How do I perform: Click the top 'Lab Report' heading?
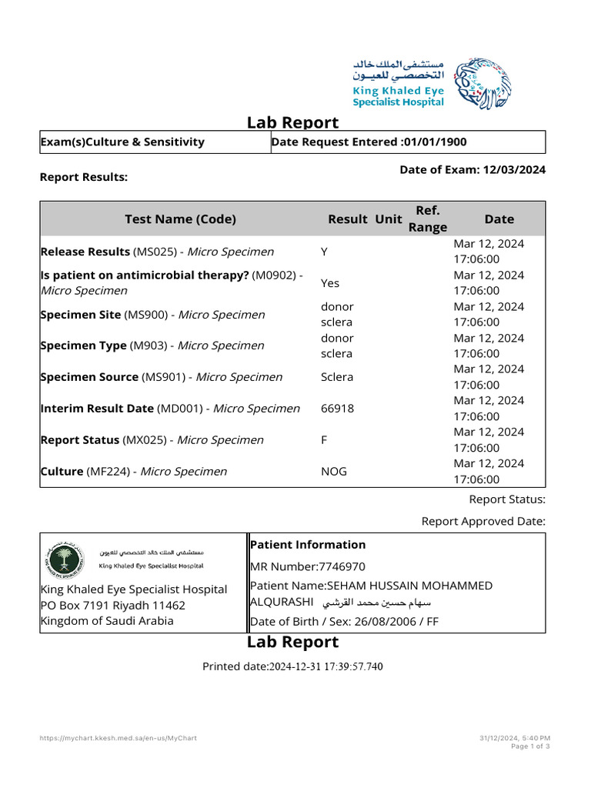(x=292, y=122)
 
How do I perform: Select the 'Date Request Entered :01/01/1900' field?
(x=369, y=142)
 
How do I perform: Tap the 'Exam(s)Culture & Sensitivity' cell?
(x=122, y=142)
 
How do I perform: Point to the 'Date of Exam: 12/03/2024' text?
(x=472, y=169)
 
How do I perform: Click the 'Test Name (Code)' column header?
(x=180, y=219)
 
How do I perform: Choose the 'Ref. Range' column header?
(x=427, y=219)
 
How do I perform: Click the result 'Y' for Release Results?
(x=324, y=252)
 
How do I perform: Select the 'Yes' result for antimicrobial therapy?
(x=329, y=283)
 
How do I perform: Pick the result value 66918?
(x=337, y=409)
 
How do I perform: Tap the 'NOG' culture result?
(x=333, y=471)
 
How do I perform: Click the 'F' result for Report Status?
(x=324, y=440)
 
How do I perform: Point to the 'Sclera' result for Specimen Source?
(x=337, y=377)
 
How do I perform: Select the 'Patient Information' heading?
(x=308, y=544)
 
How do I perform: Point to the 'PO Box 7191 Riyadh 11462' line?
(x=112, y=605)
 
